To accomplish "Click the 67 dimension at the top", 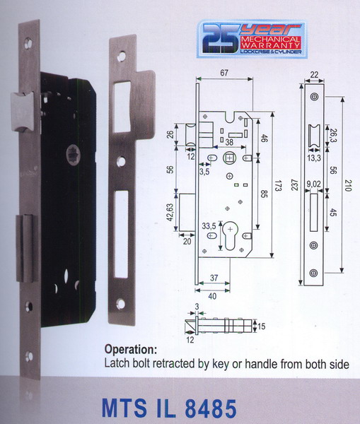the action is click(224, 73).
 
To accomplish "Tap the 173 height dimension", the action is click(278, 184).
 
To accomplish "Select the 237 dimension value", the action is click(294, 184).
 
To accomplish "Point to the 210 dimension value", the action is click(348, 185).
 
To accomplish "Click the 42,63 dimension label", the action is click(170, 212).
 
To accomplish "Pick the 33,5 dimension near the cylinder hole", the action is click(209, 226).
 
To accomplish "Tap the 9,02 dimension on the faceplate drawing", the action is click(313, 184).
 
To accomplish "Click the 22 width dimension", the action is click(314, 74).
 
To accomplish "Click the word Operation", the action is click(131, 349).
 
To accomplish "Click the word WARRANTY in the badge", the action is click(270, 45).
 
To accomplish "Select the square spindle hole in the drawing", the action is click(229, 158).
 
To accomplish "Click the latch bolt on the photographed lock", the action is click(22, 112).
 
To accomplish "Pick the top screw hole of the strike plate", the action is click(122, 57).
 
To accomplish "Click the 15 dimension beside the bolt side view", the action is click(261, 326).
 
